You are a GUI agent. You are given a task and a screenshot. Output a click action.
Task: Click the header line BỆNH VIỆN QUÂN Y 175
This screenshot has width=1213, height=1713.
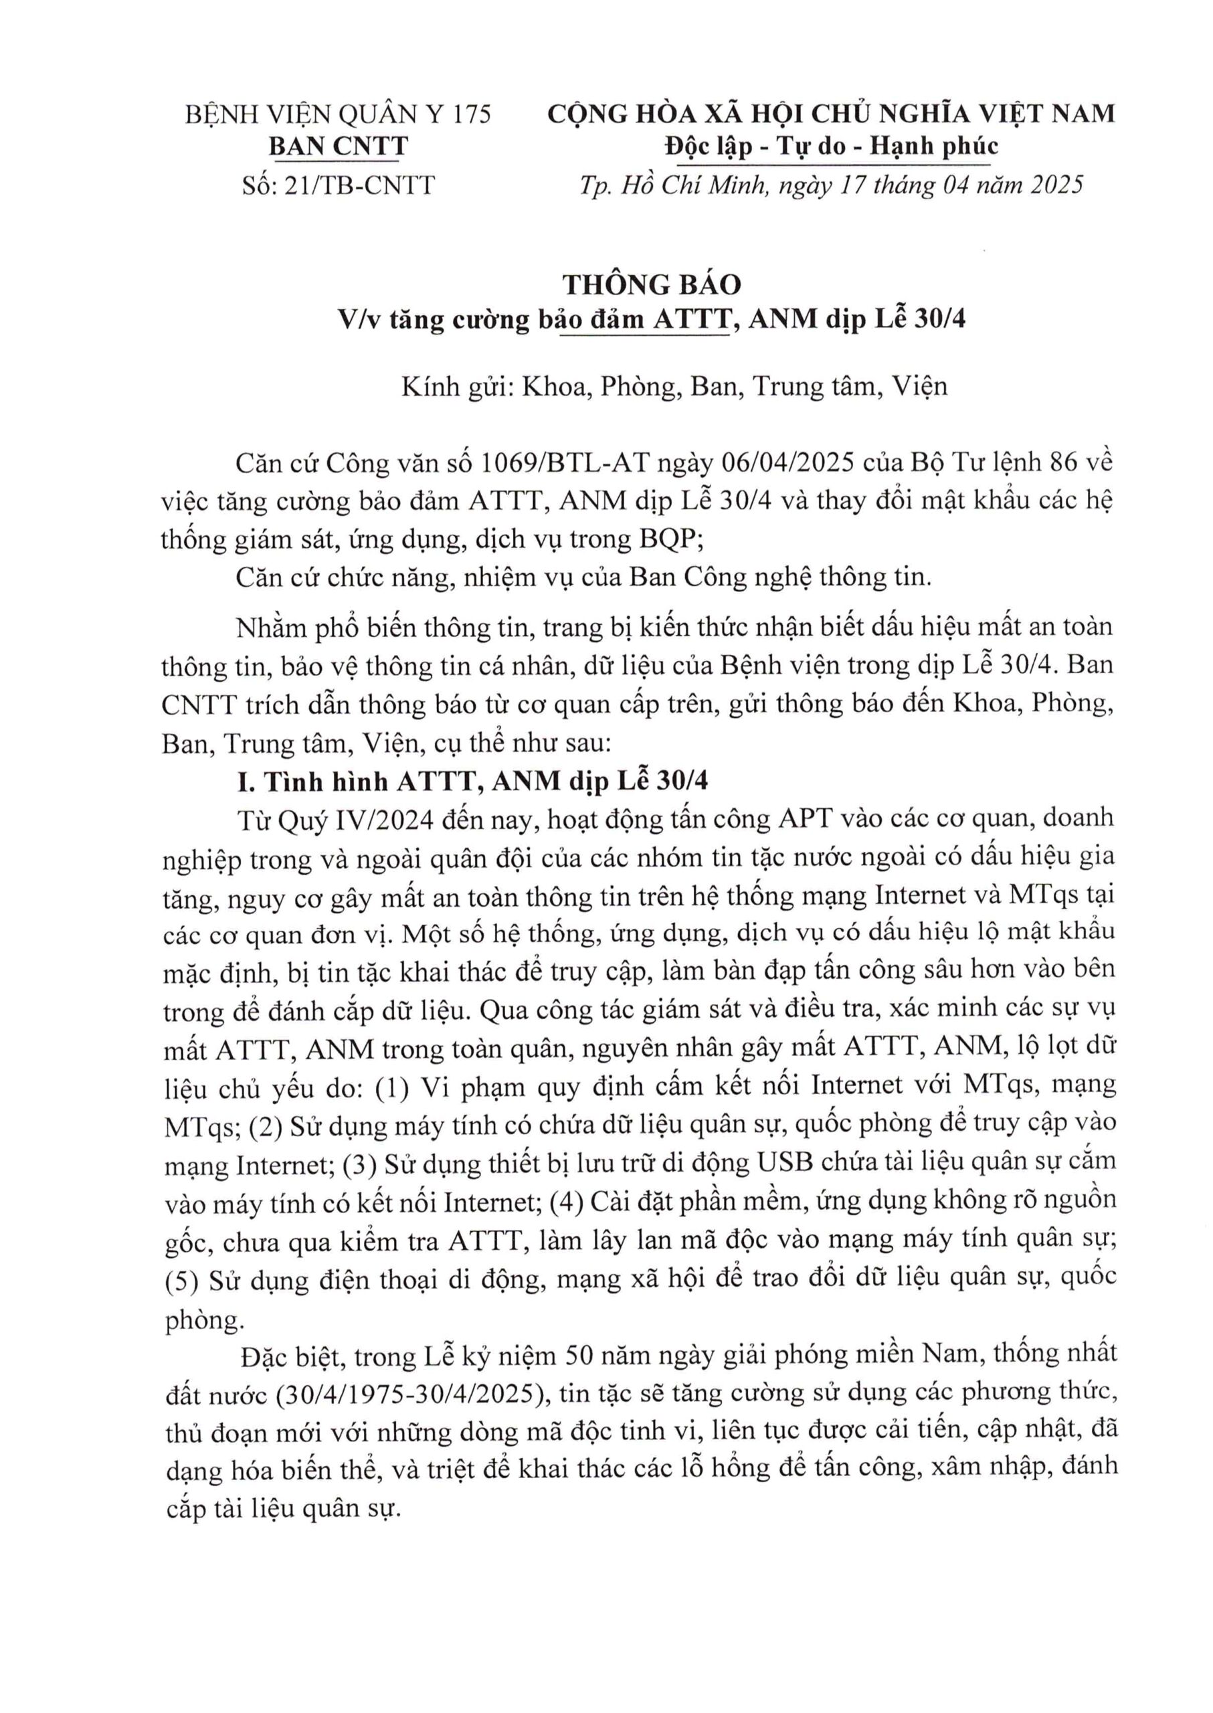pyautogui.click(x=339, y=114)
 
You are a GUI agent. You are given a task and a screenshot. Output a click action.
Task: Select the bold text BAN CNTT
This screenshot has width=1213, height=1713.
pyautogui.click(x=339, y=147)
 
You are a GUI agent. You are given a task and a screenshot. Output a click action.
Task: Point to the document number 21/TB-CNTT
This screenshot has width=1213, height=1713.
pyautogui.click(x=359, y=185)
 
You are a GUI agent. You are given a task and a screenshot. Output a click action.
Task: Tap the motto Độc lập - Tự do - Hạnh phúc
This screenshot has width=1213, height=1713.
pyautogui.click(x=832, y=147)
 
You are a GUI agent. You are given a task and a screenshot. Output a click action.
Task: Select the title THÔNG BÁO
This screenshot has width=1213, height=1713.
pyautogui.click(x=651, y=284)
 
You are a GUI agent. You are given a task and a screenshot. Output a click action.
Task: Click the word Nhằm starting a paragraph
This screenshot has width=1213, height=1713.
pyautogui.click(x=272, y=626)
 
